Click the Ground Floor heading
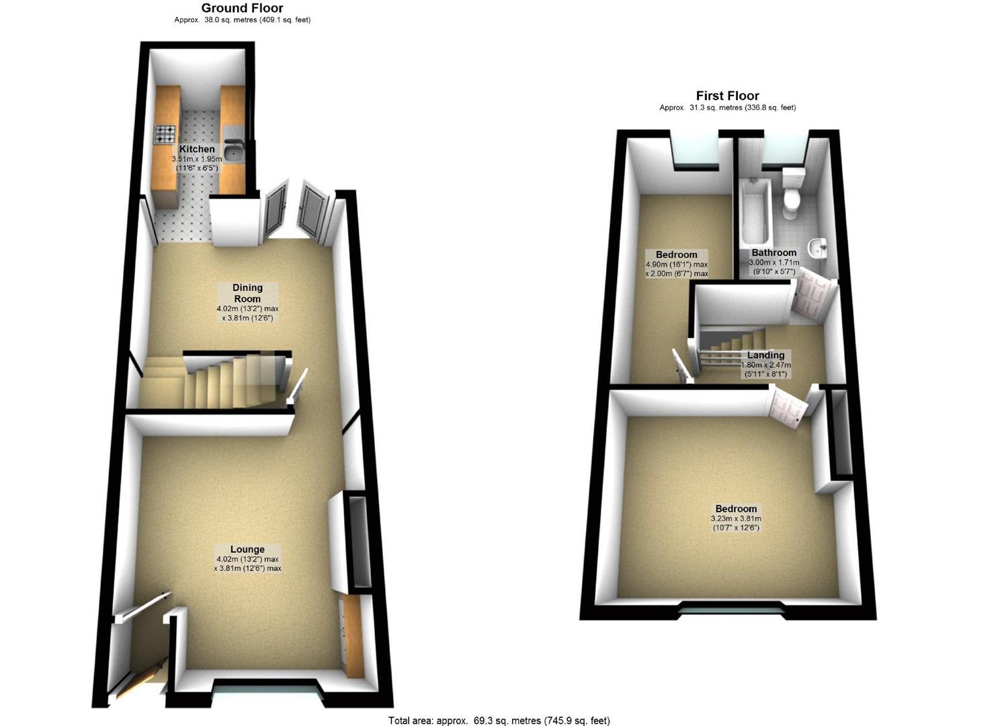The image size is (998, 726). [242, 8]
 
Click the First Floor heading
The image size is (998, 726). [727, 95]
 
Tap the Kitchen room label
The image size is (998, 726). [197, 149]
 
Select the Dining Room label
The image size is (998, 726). [247, 293]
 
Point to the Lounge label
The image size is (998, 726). [247, 549]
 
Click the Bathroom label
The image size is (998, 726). [774, 253]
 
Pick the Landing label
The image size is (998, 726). [765, 355]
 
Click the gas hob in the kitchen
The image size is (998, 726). [166, 134]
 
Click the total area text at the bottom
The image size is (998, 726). [499, 721]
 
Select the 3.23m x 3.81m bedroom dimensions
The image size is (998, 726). [736, 523]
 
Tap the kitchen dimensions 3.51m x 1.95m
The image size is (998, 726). [197, 163]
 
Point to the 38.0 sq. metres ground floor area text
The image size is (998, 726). [242, 20]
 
